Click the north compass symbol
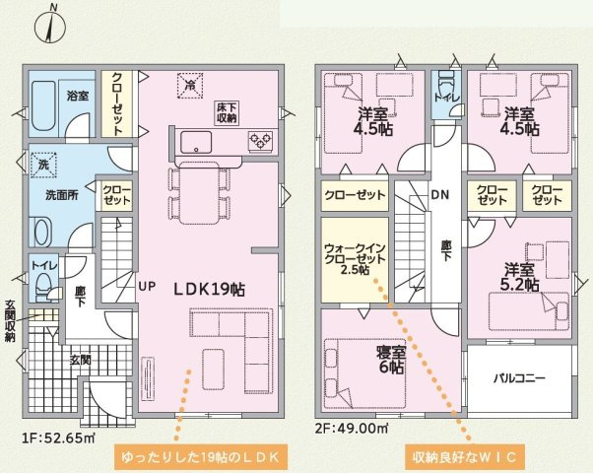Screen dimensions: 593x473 tap(50, 26)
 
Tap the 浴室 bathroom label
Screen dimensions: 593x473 tap(78, 96)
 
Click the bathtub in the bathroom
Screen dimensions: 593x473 tap(43, 105)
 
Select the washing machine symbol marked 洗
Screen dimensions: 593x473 tap(43, 165)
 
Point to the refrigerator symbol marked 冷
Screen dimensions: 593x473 tap(190, 86)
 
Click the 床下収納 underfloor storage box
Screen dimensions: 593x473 tap(227, 112)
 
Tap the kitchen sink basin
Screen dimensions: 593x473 tap(196, 142)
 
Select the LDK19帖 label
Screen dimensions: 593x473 tap(209, 290)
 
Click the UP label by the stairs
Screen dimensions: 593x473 tap(147, 286)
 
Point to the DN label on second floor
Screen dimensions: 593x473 tap(440, 194)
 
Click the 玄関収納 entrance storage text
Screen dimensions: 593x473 tap(11, 321)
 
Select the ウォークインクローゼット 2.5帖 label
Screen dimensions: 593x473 tap(355, 259)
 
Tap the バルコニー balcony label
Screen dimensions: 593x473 tap(520, 378)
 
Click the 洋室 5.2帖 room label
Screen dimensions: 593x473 tap(521, 278)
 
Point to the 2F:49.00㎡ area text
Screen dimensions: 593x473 tap(353, 428)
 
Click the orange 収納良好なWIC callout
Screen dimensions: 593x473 tap(465, 457)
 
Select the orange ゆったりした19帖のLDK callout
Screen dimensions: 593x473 tap(200, 457)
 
